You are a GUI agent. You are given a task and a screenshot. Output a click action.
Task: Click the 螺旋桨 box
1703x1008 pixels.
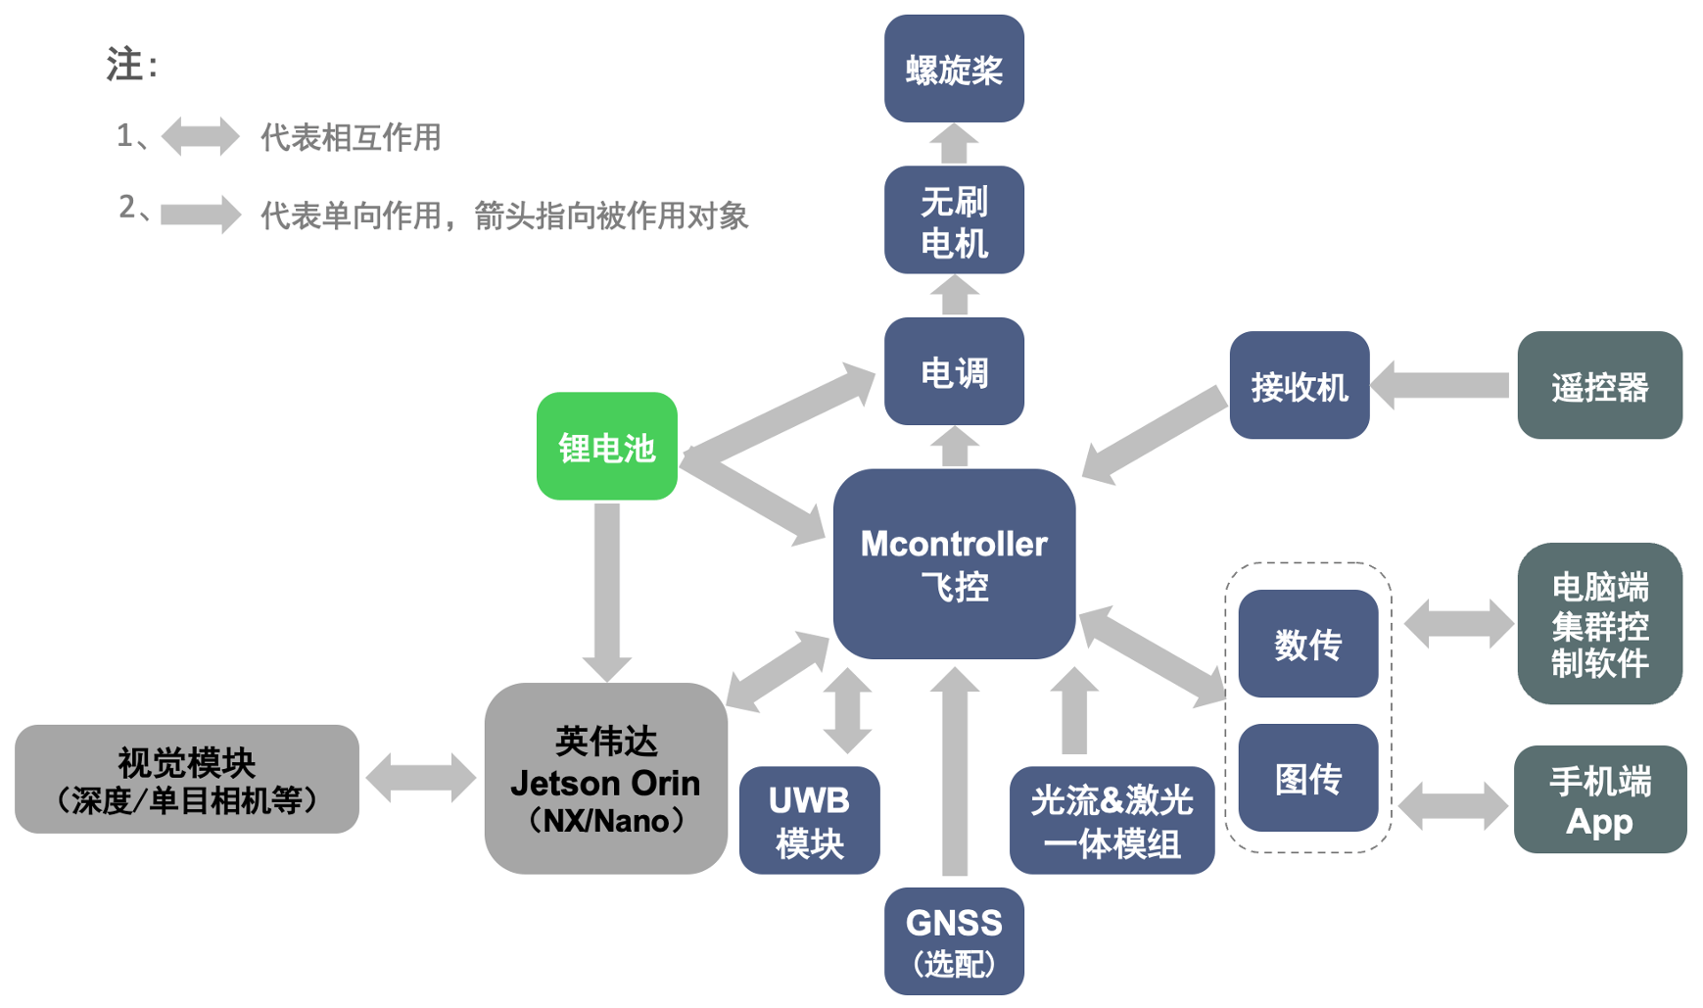click(954, 69)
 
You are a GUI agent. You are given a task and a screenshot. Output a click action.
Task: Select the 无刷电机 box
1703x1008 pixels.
click(954, 220)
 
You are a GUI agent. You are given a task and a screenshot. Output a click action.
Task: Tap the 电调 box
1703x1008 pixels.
click(954, 371)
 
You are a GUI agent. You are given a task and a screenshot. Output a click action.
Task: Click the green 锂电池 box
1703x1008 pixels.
click(607, 447)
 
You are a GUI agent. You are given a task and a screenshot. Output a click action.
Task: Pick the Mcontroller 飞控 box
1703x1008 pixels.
click(954, 564)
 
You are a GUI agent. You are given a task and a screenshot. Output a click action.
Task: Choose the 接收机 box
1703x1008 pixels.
click(1300, 385)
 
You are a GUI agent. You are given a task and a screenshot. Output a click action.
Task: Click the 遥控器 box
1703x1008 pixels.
click(1599, 385)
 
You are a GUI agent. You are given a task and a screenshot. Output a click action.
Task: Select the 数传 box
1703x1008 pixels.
click(1307, 644)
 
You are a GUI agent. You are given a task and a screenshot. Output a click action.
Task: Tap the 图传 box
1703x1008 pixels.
click(1307, 778)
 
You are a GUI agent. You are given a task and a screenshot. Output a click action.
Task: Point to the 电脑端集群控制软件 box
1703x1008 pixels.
click(1599, 624)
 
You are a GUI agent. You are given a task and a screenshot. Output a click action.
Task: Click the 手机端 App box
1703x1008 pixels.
click(1599, 799)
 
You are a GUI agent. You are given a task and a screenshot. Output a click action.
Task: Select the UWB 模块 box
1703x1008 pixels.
click(809, 821)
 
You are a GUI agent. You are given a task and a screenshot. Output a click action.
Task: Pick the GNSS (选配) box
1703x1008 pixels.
click(954, 941)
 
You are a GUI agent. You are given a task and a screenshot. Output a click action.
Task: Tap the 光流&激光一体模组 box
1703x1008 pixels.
click(1112, 821)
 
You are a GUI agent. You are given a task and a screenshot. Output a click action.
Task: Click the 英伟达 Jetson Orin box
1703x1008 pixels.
click(606, 779)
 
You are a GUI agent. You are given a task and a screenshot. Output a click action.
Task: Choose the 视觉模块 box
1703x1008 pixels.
click(187, 780)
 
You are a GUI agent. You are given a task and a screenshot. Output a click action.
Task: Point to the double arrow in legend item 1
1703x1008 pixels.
click(200, 136)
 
